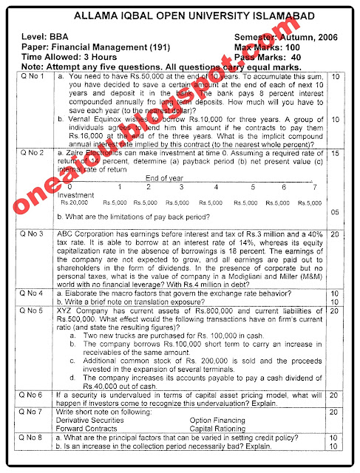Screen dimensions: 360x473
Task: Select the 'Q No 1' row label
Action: pos(33,76)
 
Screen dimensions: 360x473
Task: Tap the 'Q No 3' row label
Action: pos(33,234)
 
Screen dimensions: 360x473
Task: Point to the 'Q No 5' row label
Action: pos(33,311)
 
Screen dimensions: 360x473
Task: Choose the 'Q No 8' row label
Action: pos(33,438)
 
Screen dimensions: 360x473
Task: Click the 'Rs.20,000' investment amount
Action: pos(74,201)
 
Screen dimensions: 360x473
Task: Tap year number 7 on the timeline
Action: pos(314,186)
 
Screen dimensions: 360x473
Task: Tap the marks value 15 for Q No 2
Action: pos(335,152)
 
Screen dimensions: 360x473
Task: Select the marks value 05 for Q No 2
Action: pos(335,212)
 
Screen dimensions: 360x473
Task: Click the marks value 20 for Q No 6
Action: pos(335,395)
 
